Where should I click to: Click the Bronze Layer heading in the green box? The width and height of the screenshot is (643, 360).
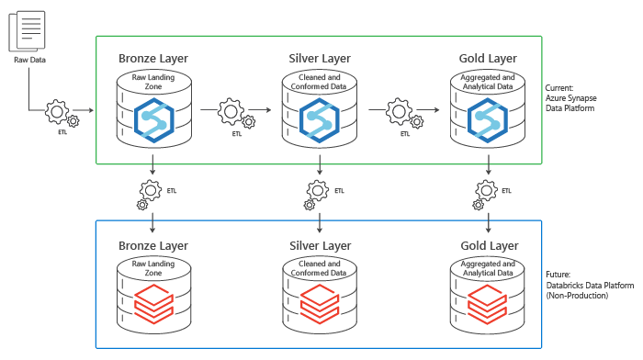pyautogui.click(x=153, y=59)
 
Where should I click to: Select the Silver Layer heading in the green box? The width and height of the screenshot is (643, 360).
pyautogui.click(x=320, y=59)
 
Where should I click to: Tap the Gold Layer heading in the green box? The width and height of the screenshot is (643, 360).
pyautogui.click(x=488, y=59)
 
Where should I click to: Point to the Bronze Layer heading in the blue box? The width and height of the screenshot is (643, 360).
pyautogui.click(x=153, y=246)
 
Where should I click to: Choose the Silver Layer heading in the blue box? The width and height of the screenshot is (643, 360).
pyautogui.click(x=320, y=246)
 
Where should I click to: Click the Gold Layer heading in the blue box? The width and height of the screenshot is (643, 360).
pyautogui.click(x=488, y=246)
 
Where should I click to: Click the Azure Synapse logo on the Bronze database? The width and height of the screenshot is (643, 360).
pyautogui.click(x=152, y=119)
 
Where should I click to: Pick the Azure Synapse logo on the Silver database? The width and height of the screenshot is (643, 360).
pyautogui.click(x=320, y=119)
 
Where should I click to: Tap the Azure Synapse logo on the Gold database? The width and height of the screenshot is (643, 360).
pyautogui.click(x=487, y=119)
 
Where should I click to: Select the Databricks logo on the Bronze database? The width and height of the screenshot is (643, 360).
pyautogui.click(x=152, y=301)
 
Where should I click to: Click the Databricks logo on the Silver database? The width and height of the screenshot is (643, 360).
pyautogui.click(x=320, y=301)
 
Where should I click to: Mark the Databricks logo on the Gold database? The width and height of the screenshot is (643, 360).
pyautogui.click(x=487, y=301)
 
